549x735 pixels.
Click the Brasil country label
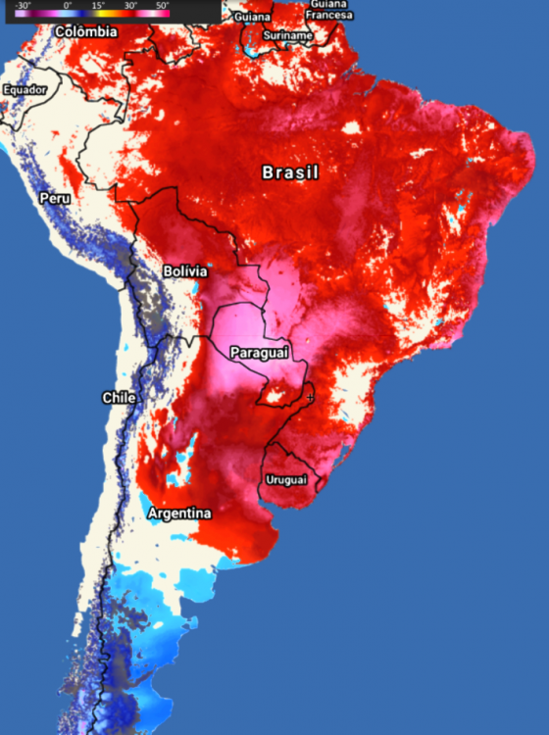[291, 172]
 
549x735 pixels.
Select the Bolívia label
[185, 270]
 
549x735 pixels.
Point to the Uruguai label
[286, 479]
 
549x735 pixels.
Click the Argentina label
[179, 514]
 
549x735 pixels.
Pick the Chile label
[119, 397]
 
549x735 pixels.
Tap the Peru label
[55, 198]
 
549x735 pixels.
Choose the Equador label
[25, 90]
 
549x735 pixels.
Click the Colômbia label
[86, 32]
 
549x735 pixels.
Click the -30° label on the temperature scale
[22, 6]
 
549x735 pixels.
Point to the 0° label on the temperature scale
[68, 6]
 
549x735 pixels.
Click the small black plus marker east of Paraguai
[310, 397]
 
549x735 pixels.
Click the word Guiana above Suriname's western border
[252, 17]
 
